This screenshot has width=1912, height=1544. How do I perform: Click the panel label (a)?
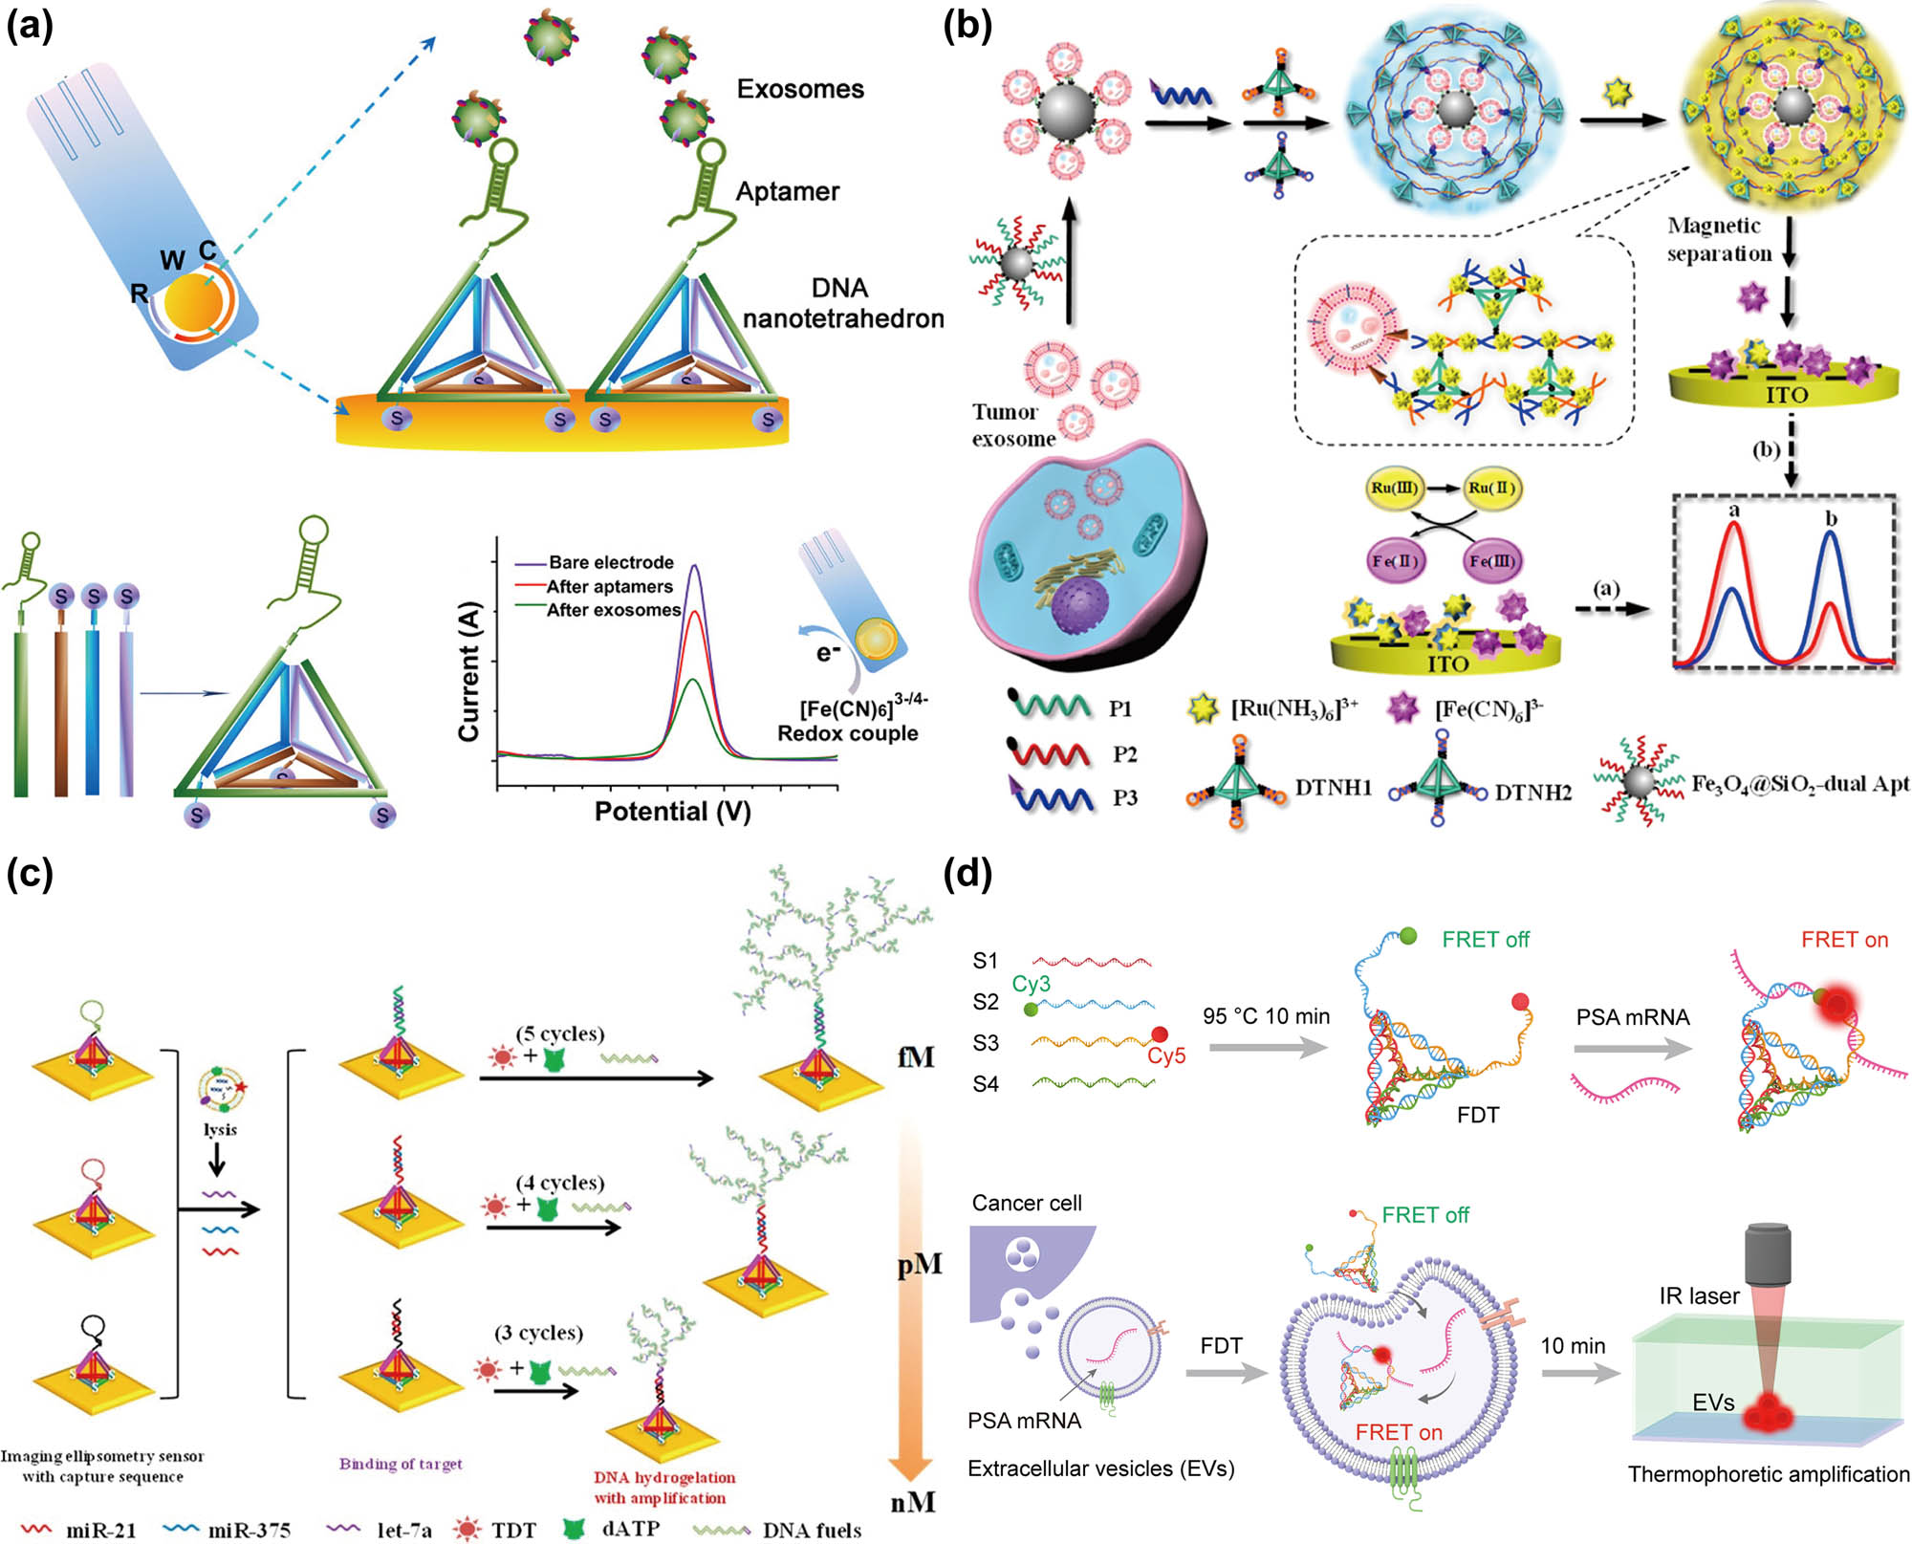(x=30, y=26)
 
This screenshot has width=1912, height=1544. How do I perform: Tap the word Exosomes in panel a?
(x=800, y=89)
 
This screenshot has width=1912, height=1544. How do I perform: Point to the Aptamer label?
(x=787, y=191)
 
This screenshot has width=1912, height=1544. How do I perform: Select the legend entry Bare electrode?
(x=611, y=562)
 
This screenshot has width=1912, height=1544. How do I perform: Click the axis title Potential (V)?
(x=672, y=812)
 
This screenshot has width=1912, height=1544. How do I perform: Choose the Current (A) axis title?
(x=468, y=671)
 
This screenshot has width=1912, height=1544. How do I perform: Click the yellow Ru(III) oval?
(x=1394, y=488)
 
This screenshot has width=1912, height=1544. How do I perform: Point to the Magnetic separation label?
(x=1719, y=239)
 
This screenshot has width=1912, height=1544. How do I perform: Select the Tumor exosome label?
(x=1011, y=425)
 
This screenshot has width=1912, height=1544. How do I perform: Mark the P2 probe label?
(x=1124, y=754)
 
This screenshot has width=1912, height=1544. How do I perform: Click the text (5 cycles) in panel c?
(x=560, y=1033)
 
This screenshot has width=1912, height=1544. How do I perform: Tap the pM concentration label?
(x=919, y=1265)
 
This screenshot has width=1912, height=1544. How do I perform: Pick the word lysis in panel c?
(x=220, y=1129)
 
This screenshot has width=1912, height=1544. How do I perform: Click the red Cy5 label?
(x=1166, y=1055)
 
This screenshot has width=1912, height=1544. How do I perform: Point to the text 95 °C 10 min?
(x=1266, y=1016)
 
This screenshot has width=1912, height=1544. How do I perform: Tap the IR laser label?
(x=1699, y=1295)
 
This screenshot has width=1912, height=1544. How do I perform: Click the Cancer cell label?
(x=1027, y=1203)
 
